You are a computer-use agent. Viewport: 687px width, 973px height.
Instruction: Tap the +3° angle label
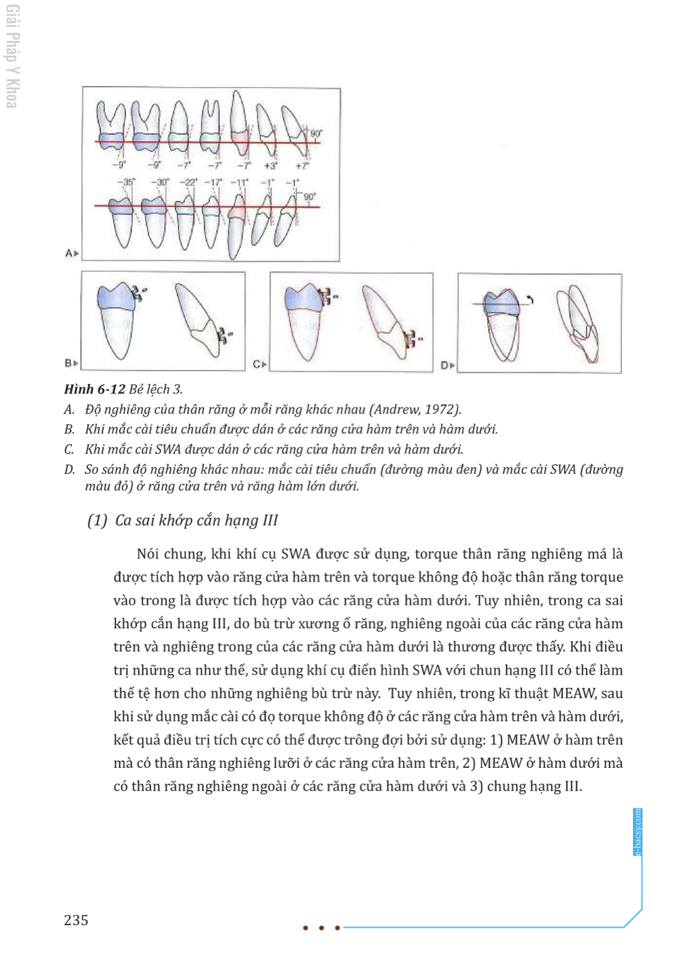click(x=270, y=166)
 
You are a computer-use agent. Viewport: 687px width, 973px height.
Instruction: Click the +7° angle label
click(x=302, y=166)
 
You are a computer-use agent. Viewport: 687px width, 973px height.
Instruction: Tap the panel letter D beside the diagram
click(x=445, y=365)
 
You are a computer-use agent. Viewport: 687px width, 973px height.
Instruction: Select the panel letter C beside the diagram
click(x=256, y=364)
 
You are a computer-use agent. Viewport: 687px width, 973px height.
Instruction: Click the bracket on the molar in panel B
click(x=140, y=293)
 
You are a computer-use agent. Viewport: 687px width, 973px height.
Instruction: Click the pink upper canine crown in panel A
click(x=241, y=137)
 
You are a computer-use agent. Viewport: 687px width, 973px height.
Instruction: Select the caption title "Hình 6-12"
click(x=95, y=389)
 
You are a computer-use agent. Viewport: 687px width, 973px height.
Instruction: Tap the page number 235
click(x=76, y=920)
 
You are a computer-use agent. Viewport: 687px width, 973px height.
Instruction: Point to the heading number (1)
click(x=97, y=520)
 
